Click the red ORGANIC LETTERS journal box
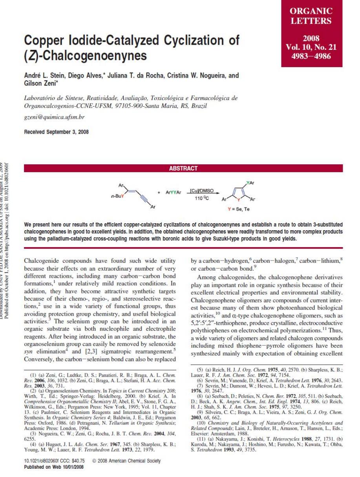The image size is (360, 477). click(311, 33)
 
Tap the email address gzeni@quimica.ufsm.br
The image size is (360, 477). click(54, 117)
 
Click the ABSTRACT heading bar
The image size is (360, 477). click(183, 168)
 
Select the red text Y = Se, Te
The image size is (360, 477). click(238, 209)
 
